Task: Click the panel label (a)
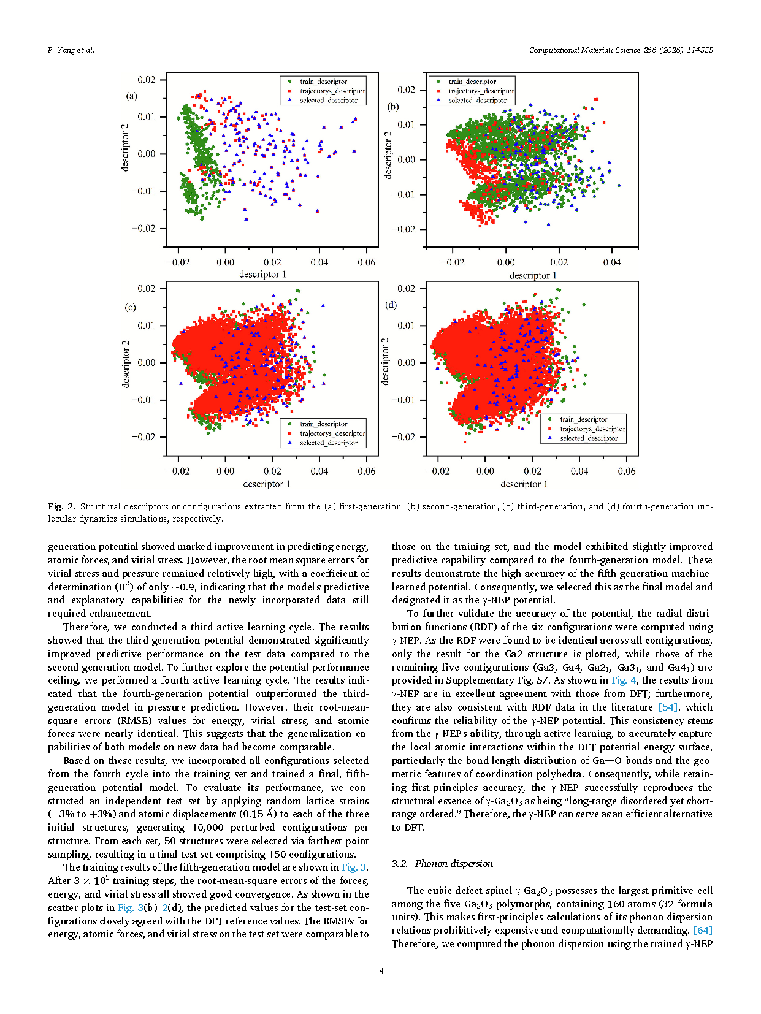(x=131, y=96)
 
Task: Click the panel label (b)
(x=392, y=107)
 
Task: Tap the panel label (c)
(x=130, y=307)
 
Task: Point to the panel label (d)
(x=391, y=305)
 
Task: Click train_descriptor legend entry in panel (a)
(x=323, y=82)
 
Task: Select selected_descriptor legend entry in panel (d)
(x=588, y=438)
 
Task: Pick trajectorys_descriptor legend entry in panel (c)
(x=332, y=433)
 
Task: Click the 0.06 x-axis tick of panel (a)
(x=367, y=262)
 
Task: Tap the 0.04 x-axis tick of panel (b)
(x=611, y=262)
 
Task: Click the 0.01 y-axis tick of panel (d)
(x=406, y=326)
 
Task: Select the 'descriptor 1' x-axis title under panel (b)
(x=533, y=275)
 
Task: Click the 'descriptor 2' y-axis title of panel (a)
(x=126, y=147)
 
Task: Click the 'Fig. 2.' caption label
(x=61, y=506)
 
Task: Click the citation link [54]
(x=668, y=707)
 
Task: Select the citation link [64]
(x=703, y=930)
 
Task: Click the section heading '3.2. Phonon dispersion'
(x=442, y=863)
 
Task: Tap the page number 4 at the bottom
(x=381, y=970)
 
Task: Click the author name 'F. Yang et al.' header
(x=71, y=50)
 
